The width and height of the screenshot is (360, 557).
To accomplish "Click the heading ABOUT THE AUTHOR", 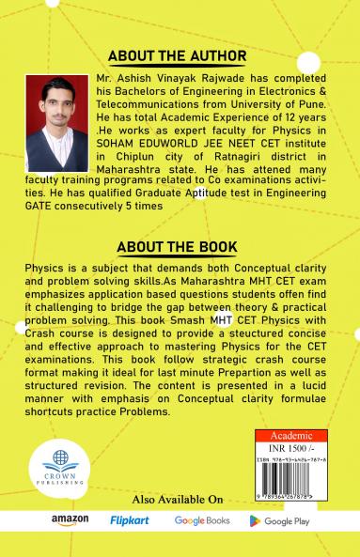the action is coord(180,54).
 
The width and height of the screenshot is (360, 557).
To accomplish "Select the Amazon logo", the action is coord(70,520).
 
